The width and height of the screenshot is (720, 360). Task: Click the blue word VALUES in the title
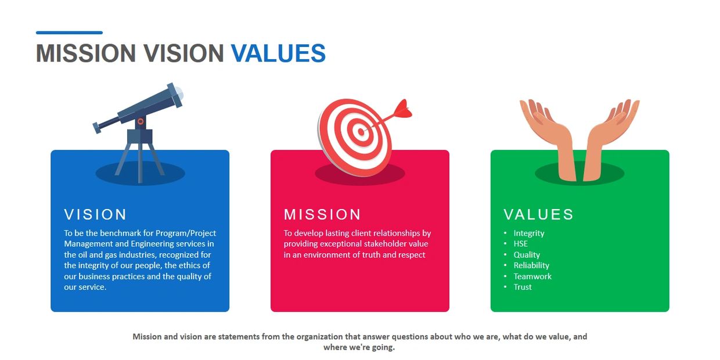click(x=278, y=53)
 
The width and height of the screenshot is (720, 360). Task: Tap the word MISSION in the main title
click(x=86, y=53)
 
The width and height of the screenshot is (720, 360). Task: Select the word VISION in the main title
click(x=183, y=53)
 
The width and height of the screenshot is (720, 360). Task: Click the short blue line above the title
click(x=70, y=33)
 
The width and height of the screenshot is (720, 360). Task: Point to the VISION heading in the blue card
click(x=95, y=215)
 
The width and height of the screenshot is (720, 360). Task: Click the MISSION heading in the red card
click(x=322, y=215)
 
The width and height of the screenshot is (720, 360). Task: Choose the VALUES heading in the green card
click(x=539, y=215)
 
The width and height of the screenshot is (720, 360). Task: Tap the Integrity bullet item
click(x=529, y=233)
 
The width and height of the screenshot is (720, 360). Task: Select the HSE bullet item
click(x=520, y=244)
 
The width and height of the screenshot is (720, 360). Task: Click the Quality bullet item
click(x=527, y=255)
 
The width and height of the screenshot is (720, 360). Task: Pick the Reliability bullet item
click(x=531, y=265)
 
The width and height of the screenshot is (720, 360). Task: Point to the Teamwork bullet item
click(x=532, y=276)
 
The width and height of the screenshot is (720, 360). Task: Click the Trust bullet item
click(x=523, y=287)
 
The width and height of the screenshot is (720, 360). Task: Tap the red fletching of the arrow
click(x=403, y=109)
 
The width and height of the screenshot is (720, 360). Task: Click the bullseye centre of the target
click(x=361, y=132)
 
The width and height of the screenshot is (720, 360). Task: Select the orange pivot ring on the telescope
click(x=141, y=121)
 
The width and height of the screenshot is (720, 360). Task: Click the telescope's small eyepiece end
click(x=97, y=128)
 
